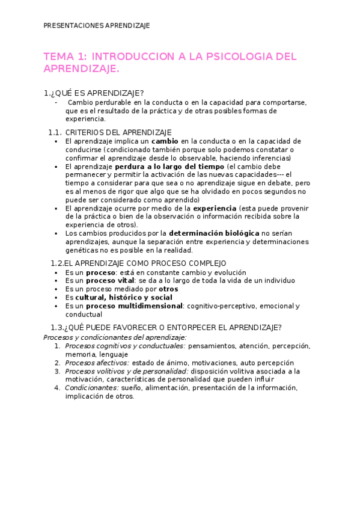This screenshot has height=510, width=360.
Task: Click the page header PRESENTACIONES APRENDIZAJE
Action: coord(97,26)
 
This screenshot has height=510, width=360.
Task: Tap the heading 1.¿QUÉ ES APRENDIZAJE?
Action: coord(93,93)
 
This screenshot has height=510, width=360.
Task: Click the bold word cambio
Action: coord(164,141)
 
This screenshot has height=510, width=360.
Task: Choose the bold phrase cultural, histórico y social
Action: coord(123,297)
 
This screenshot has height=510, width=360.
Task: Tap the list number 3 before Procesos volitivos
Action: coord(57,371)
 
